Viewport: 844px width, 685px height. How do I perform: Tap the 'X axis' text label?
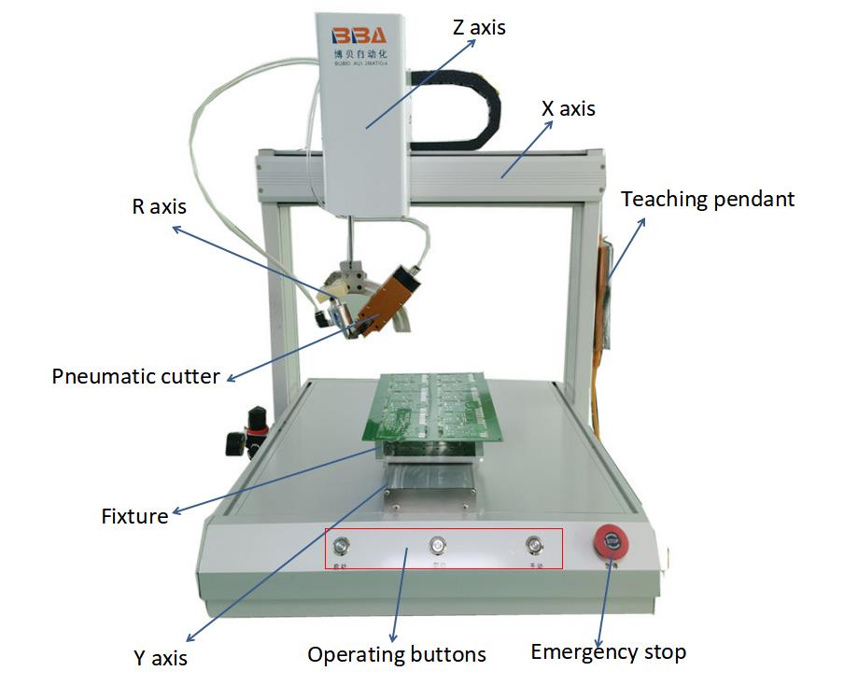568,109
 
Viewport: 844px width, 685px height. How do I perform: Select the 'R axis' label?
159,207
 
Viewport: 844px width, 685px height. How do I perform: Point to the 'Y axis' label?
160,658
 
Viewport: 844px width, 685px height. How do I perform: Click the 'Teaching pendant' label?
707,199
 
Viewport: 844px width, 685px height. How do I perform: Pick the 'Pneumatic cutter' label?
135,377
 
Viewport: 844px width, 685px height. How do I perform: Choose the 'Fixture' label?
134,515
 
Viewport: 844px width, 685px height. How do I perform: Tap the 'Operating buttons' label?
397,654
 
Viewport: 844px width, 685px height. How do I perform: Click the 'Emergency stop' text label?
608,651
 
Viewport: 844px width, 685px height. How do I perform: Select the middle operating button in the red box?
436,545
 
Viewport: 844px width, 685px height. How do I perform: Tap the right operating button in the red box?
533,545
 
